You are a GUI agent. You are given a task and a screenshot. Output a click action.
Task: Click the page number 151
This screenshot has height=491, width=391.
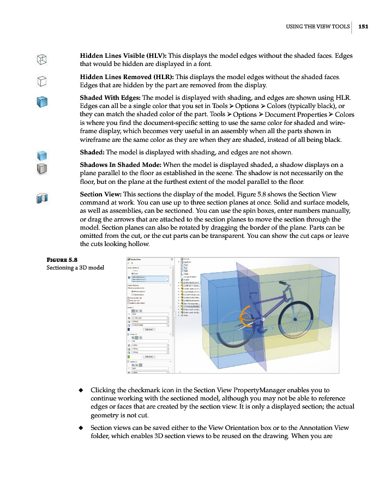tap(364, 26)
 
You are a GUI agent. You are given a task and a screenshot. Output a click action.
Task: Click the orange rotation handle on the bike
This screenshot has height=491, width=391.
tap(243, 315)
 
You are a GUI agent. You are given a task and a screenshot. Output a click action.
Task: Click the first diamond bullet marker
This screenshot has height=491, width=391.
tap(81, 391)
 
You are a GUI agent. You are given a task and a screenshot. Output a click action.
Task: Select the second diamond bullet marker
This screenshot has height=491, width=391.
tap(81, 428)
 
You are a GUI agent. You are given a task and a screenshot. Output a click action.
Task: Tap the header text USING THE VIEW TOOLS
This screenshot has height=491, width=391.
tap(317, 26)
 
